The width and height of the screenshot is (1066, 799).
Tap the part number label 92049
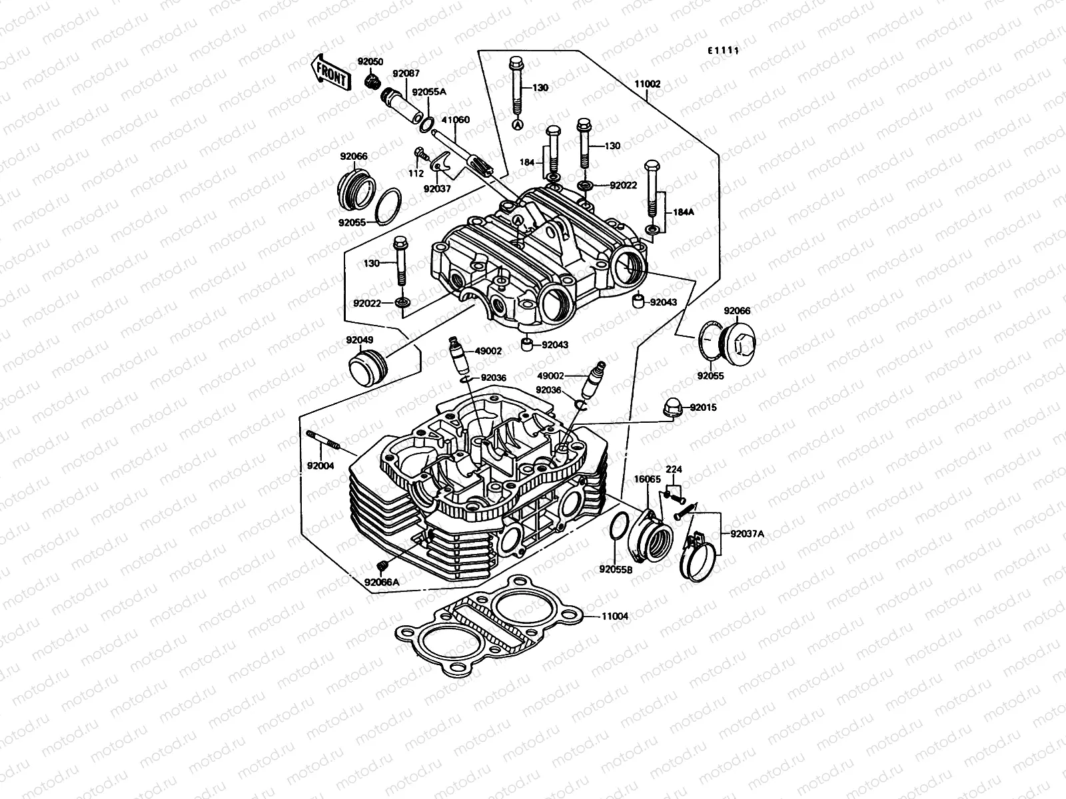point(359,341)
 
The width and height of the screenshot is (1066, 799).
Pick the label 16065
point(647,479)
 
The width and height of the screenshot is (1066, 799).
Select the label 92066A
point(382,581)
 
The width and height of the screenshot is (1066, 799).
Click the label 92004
point(320,465)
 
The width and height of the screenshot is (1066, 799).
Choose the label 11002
point(647,84)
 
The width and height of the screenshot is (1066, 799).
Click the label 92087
point(406,74)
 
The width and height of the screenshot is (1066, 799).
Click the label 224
point(674,469)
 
